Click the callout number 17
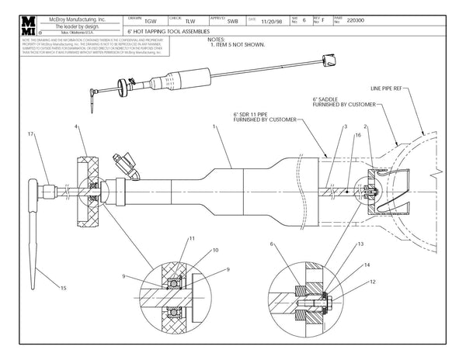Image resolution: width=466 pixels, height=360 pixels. tap(30, 135)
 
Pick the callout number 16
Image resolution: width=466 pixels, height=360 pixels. tap(356, 135)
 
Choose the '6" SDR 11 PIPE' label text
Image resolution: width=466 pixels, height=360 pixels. tap(256, 114)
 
